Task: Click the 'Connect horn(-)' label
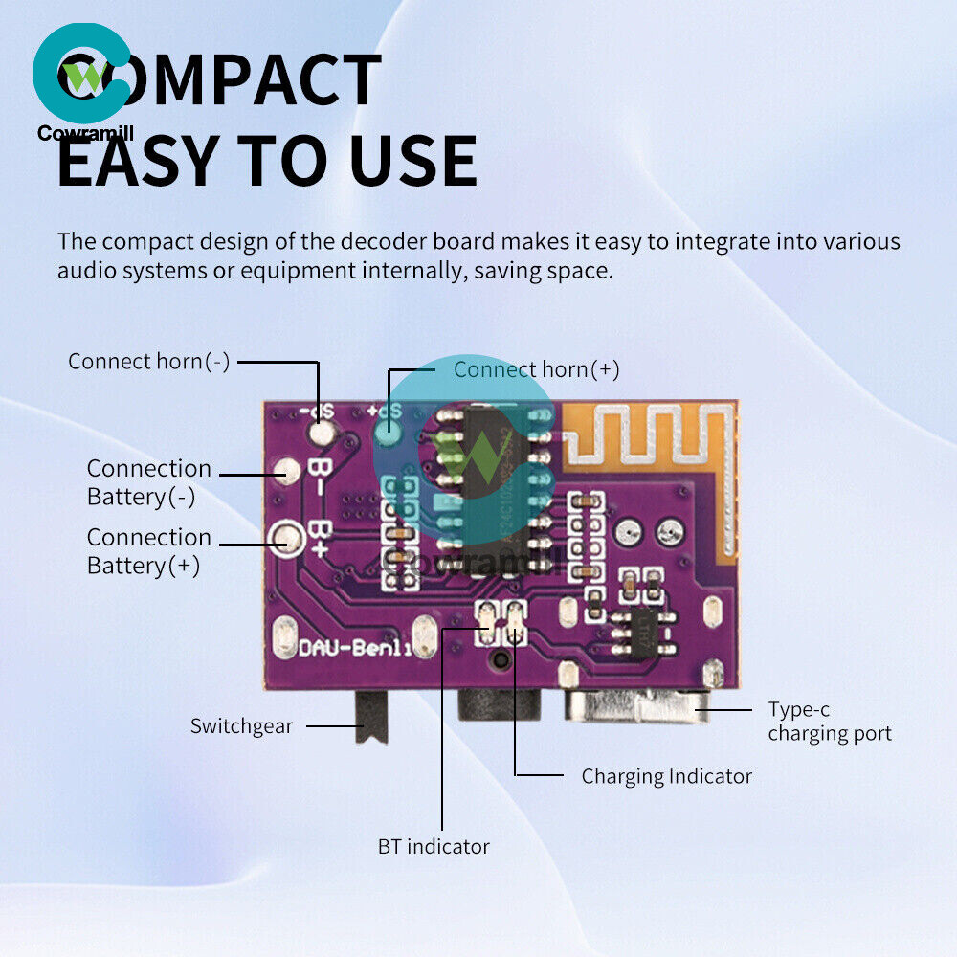[148, 362]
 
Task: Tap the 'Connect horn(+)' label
[536, 369]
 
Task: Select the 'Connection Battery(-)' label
[148, 482]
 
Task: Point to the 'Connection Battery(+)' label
[148, 551]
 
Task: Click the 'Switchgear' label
[241, 725]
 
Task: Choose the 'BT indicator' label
[434, 846]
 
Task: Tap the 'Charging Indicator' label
[666, 775]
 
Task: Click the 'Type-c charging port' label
[829, 722]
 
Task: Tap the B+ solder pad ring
[283, 540]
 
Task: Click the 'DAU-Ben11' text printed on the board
[353, 649]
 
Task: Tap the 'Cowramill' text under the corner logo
[86, 134]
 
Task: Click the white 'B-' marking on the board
[320, 472]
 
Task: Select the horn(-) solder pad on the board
[322, 434]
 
